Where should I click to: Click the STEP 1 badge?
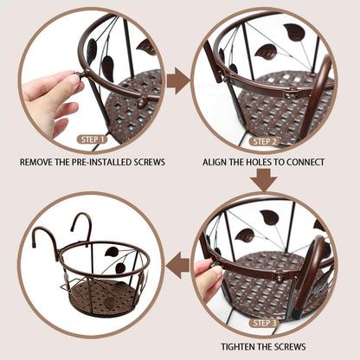[x=93, y=139]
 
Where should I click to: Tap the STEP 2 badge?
[x=265, y=140]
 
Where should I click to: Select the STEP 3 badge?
[x=265, y=323]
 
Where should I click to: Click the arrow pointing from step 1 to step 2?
[x=178, y=81]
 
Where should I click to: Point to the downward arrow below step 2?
[x=265, y=180]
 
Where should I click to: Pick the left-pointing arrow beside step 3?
[x=178, y=266]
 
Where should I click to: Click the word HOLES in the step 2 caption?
[x=263, y=162]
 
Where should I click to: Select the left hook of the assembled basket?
[x=41, y=239]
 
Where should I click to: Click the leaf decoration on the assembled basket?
[x=112, y=253]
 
